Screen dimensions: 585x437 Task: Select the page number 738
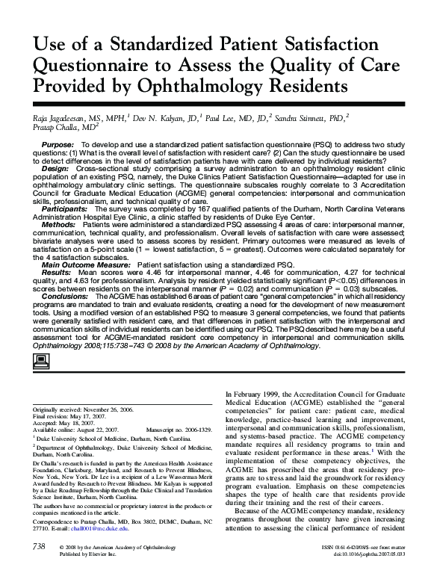35,569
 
